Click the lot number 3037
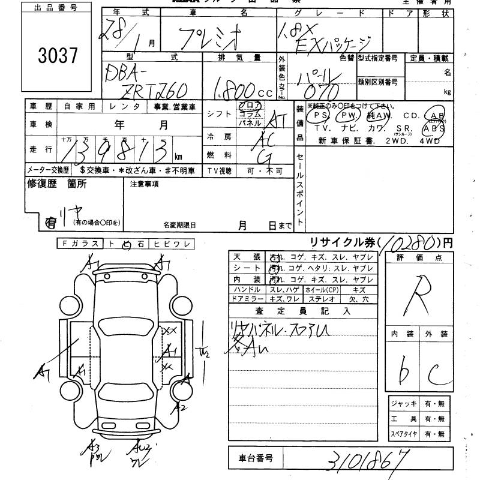click(x=58, y=56)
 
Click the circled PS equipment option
click(x=319, y=115)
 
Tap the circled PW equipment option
click(x=346, y=115)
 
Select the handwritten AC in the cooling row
click(x=273, y=139)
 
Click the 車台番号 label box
click(x=252, y=458)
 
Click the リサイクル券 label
click(x=344, y=242)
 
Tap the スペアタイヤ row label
click(x=403, y=433)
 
